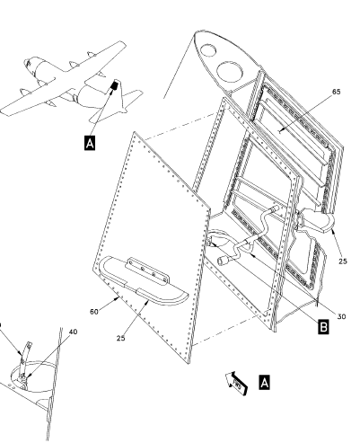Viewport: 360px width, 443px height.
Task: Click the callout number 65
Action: (x=337, y=92)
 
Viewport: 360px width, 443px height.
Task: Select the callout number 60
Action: (x=94, y=312)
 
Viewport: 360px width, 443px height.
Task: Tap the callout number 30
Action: (x=341, y=316)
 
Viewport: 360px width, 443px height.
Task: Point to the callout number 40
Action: (x=73, y=332)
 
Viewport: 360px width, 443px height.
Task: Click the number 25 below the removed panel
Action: (x=120, y=338)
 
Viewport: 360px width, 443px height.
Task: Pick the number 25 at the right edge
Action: (x=343, y=261)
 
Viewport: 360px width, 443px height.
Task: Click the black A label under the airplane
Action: (x=90, y=143)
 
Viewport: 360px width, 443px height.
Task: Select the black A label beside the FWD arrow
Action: (x=264, y=383)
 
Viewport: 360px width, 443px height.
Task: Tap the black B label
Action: (x=323, y=327)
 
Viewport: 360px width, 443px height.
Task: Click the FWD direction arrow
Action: (x=237, y=384)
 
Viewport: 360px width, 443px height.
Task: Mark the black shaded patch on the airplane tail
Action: (x=114, y=85)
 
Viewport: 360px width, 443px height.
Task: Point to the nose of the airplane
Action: (x=27, y=64)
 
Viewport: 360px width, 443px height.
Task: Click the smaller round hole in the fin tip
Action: (x=208, y=49)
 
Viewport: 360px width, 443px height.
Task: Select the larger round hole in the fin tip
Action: (x=230, y=73)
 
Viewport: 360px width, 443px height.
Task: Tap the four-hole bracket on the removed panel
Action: (x=148, y=271)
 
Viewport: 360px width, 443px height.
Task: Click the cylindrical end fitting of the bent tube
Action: (x=223, y=261)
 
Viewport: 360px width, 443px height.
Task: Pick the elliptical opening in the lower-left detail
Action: (x=34, y=377)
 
